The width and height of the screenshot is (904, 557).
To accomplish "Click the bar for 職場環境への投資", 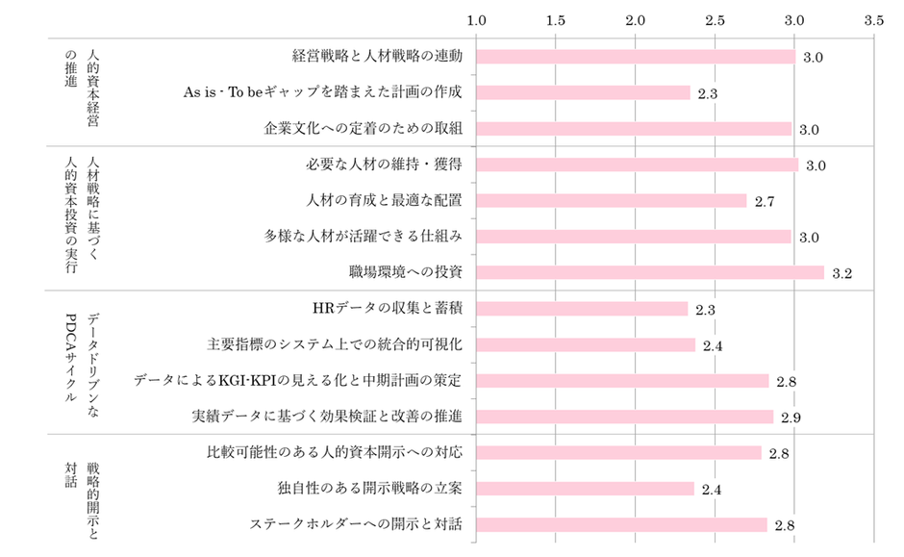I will [x=650, y=272].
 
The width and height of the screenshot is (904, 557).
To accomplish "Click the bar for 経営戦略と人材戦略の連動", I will [x=636, y=57].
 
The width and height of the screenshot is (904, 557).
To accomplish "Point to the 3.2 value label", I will [x=842, y=274].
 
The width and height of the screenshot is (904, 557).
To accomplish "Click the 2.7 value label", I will [x=766, y=202].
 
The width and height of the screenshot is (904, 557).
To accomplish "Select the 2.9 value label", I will [x=791, y=418].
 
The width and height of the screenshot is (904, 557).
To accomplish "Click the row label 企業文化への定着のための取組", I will [x=363, y=128].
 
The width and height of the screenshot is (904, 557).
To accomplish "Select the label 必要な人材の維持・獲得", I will [x=384, y=165].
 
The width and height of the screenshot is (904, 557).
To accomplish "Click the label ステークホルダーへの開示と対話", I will [x=356, y=524].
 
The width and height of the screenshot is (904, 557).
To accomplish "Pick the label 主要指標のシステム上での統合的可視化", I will [x=335, y=343].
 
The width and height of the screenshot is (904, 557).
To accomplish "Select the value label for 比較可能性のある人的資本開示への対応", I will [x=779, y=454].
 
